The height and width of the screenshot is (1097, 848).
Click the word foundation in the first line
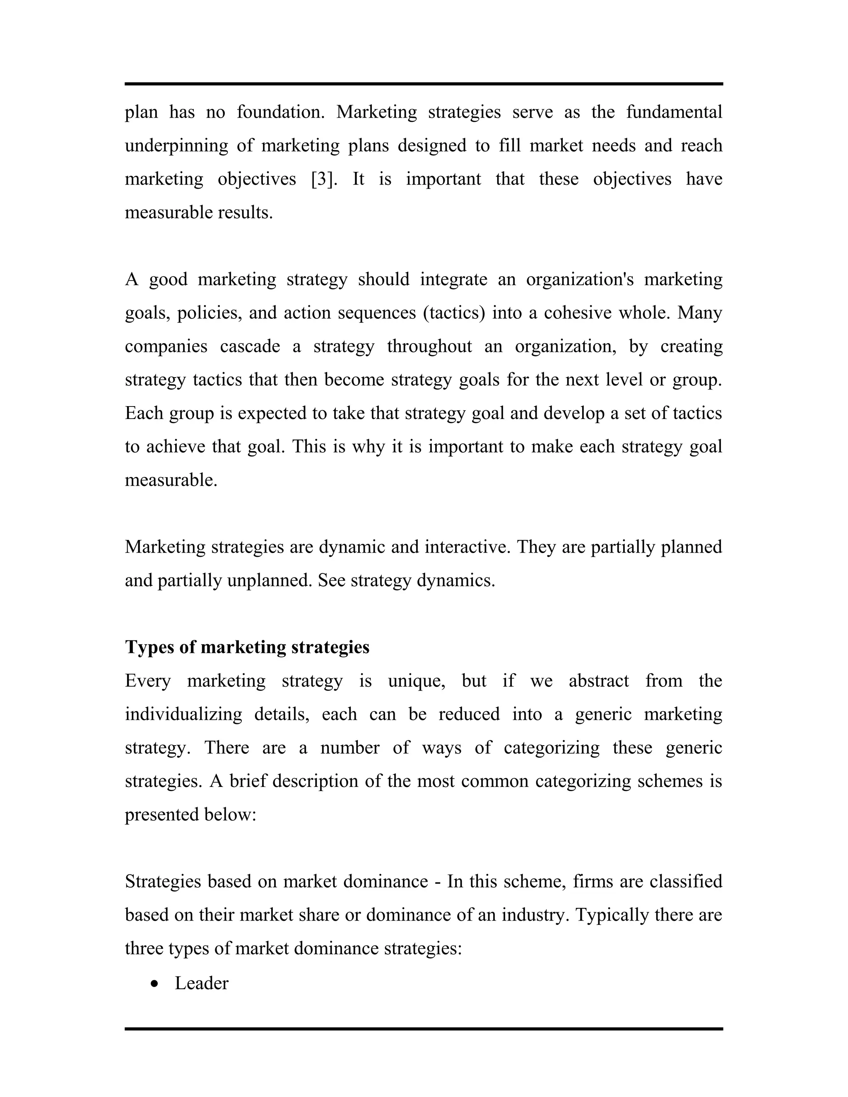click(280, 112)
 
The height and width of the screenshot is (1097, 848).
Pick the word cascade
click(250, 346)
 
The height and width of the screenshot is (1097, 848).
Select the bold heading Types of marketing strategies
click(247, 647)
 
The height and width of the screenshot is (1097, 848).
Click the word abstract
click(598, 681)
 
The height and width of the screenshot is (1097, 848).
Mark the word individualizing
click(183, 714)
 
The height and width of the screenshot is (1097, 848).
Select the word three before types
click(143, 948)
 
